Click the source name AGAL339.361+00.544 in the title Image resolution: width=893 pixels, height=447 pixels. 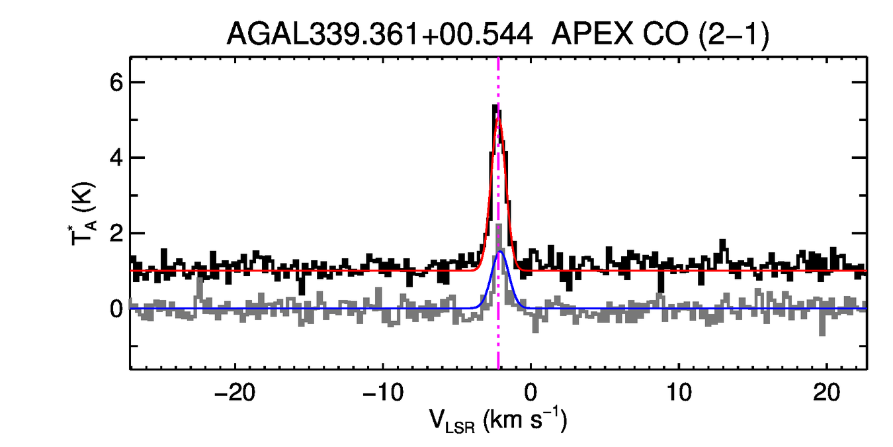click(380, 34)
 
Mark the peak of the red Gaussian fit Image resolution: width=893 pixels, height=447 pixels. click(499, 118)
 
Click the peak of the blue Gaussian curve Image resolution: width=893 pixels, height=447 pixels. click(500, 252)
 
